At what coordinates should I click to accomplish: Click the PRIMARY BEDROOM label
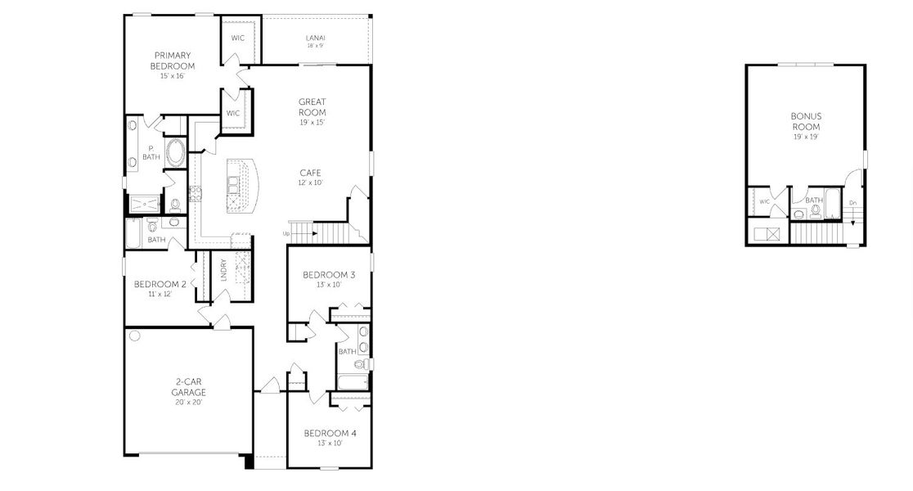point(173,61)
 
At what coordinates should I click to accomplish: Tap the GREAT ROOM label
point(312,107)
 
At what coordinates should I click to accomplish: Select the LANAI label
point(315,38)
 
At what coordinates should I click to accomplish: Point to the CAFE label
point(310,173)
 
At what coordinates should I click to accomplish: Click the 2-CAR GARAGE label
point(188,386)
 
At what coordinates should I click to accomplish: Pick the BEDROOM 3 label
point(328,275)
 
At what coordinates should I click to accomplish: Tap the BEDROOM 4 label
point(330,433)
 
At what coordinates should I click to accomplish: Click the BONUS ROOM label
point(806,121)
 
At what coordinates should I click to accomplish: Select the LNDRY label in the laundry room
point(223,271)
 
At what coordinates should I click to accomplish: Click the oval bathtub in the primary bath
point(175,151)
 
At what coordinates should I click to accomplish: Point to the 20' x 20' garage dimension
point(188,402)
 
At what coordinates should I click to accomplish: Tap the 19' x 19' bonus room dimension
point(806,137)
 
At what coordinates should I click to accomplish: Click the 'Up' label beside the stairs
point(286,233)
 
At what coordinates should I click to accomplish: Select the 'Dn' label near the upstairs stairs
point(852,203)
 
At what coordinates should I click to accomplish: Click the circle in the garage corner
point(135,336)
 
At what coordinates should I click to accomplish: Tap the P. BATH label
point(151,152)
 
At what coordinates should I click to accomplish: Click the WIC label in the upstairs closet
point(764,201)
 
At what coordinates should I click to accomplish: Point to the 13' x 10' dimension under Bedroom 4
point(329,443)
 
